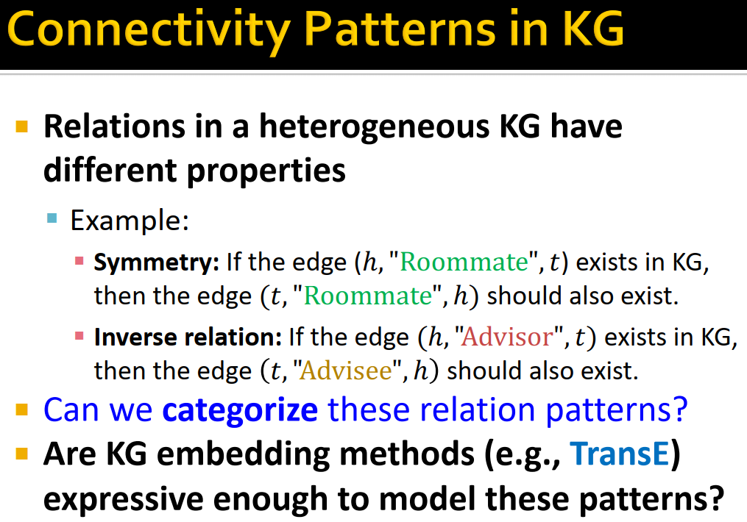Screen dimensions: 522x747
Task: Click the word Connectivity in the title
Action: (x=146, y=33)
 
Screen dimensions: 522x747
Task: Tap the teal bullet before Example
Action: (x=52, y=218)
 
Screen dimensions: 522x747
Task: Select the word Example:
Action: (x=130, y=220)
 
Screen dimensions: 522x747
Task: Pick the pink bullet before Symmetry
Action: (x=79, y=261)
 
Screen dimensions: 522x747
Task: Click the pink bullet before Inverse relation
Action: (x=79, y=337)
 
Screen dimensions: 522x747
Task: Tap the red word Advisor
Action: (x=509, y=337)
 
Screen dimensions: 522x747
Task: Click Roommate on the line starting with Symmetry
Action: (x=465, y=262)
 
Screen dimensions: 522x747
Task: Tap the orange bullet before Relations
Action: (x=21, y=126)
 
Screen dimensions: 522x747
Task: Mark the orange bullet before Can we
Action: (x=21, y=408)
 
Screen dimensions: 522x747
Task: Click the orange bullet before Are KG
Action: (x=21, y=454)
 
